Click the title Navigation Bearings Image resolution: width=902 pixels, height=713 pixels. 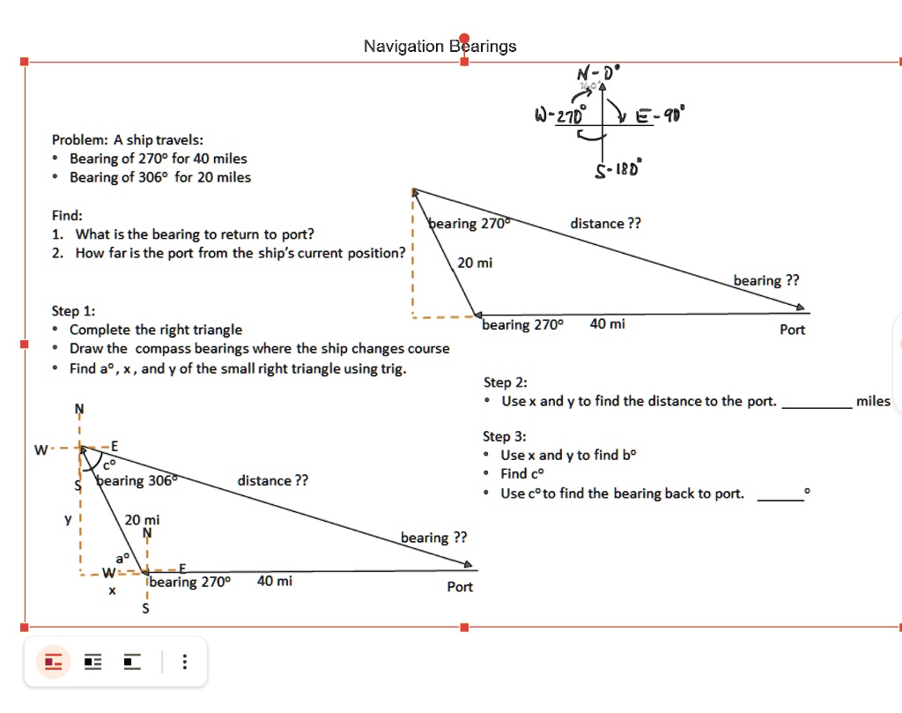(x=440, y=46)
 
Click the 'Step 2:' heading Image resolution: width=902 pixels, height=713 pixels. (x=506, y=382)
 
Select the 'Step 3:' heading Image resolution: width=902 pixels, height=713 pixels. (x=505, y=436)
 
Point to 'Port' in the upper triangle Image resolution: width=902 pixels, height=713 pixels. (x=793, y=330)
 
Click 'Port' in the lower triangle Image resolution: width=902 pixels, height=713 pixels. (x=460, y=587)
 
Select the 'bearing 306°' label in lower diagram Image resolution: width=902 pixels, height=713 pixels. (x=137, y=480)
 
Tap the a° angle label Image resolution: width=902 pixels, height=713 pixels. (x=122, y=558)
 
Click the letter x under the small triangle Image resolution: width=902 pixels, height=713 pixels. (x=112, y=590)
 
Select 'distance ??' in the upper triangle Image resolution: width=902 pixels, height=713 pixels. (x=606, y=223)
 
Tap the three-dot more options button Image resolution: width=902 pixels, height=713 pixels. (x=184, y=661)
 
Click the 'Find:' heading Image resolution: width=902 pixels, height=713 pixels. (x=67, y=215)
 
